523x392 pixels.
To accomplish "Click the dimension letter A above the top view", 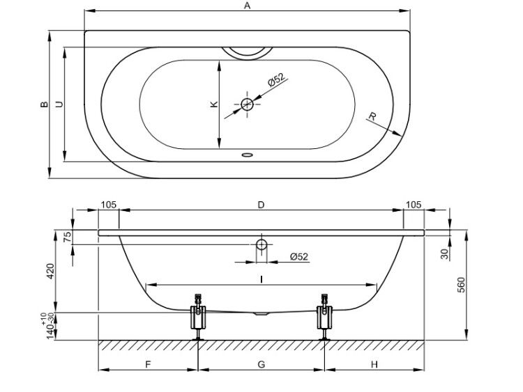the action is click(247, 6).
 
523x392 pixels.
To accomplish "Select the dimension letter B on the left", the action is click(44, 104).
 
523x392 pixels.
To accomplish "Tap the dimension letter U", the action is click(59, 104).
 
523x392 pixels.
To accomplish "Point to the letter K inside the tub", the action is click(214, 104).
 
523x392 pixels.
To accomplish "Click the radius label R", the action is click(372, 116).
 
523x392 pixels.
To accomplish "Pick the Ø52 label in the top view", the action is click(277, 79).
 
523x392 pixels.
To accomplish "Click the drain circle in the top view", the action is click(247, 104).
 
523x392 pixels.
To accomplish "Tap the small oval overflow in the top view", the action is click(247, 155).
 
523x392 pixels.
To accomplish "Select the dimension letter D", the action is click(261, 205).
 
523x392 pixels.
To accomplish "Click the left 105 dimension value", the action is click(109, 205).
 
